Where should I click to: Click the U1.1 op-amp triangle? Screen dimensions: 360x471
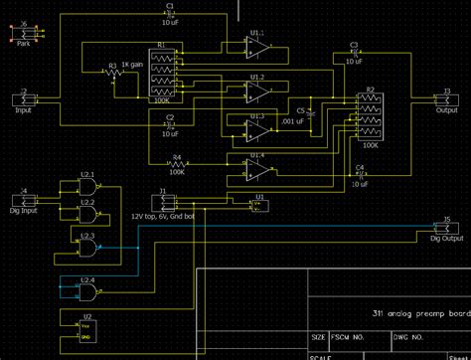tap(259, 46)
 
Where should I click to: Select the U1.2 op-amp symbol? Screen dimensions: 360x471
tap(259, 90)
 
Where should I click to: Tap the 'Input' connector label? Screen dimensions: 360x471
tap(24, 110)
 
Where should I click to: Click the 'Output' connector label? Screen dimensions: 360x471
tap(446, 110)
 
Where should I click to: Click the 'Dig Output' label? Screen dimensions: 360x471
tap(446, 239)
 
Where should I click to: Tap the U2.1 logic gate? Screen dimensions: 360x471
tap(87, 188)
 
